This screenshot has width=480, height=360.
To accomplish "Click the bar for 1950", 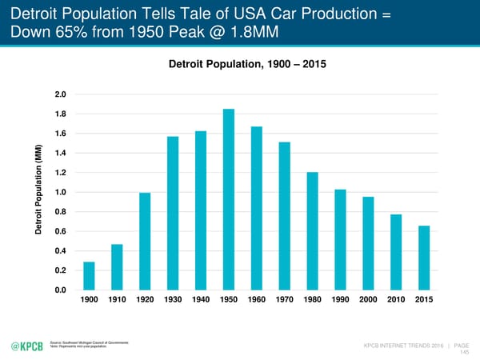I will tap(228, 200).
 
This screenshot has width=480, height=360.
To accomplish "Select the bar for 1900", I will tap(89, 276).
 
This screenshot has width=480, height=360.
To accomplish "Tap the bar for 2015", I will tap(424, 258).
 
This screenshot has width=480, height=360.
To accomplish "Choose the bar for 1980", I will tap(312, 231).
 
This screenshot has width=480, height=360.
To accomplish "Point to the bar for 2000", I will tap(368, 243).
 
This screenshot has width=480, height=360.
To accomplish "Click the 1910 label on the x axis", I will tap(117, 300).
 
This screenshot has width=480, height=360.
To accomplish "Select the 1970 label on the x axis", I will tap(284, 300).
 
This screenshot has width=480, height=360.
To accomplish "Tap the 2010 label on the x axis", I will tap(396, 300).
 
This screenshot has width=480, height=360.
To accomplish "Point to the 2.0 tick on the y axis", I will tap(61, 94).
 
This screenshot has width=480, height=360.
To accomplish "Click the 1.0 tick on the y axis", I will tap(61, 192).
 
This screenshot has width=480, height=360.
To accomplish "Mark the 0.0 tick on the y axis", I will tap(61, 290).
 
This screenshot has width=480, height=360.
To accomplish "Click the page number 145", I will tap(463, 351).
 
